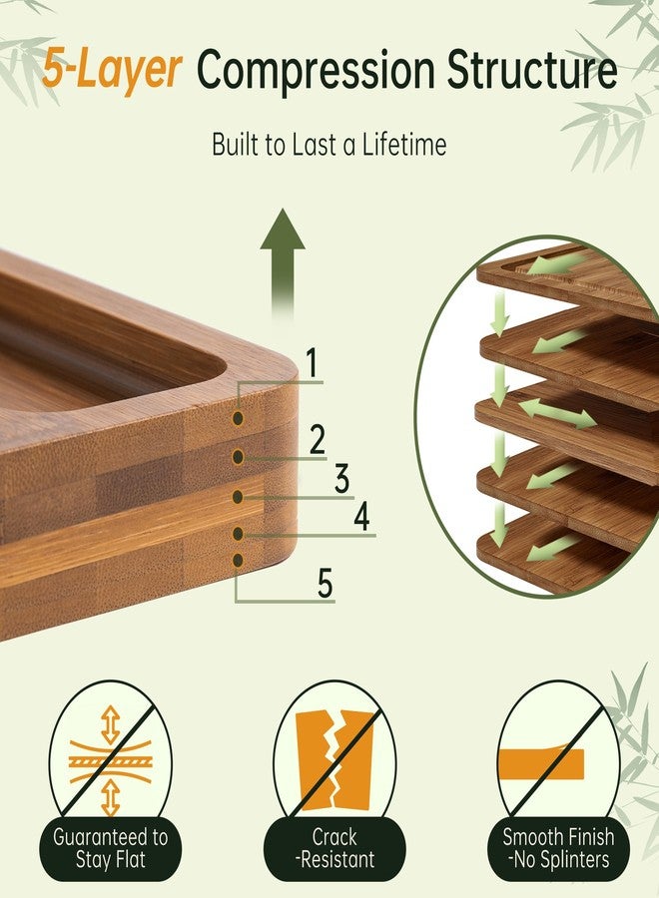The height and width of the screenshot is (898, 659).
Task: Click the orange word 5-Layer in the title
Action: pos(112,70)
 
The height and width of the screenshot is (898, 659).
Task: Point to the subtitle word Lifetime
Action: pos(404,145)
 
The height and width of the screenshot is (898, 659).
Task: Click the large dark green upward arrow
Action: pos(283,260)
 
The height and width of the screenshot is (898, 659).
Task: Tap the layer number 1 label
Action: pos(312,362)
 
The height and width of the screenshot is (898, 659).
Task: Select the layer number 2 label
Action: pos(317,439)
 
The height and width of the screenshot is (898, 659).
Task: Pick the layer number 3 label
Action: pos(342,479)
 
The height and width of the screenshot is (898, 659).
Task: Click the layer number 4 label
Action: pos(361,517)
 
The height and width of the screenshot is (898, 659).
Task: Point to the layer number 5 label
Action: pos(325,584)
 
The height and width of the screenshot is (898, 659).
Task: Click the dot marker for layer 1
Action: pos(238,419)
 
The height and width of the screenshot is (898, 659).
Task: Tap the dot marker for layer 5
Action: pos(238,561)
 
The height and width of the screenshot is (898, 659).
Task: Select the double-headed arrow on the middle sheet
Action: pos(557,413)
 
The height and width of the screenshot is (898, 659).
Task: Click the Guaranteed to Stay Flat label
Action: pos(110,848)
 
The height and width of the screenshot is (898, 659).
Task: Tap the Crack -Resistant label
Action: pos(334,848)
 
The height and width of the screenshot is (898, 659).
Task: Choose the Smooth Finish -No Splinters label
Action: pos(559,848)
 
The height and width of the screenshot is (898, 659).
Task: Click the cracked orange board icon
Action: pos(334,760)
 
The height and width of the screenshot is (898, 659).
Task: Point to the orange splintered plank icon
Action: pos(541,764)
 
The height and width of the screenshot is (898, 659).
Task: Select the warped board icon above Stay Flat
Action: pos(110,761)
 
